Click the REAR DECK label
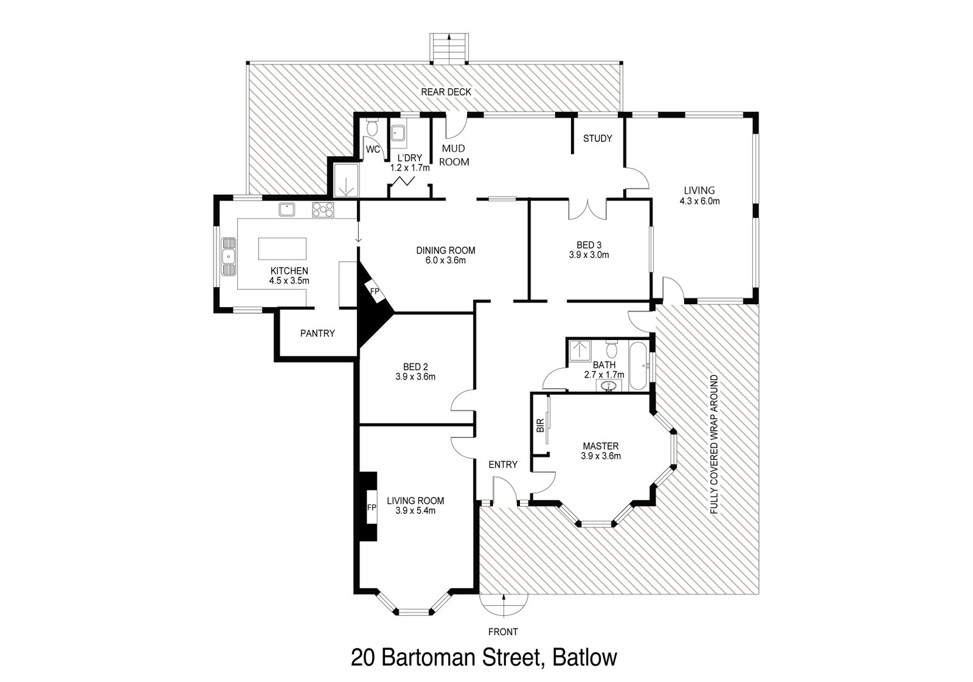point(446,92)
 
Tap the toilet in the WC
point(372,128)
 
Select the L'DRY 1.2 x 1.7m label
point(409,163)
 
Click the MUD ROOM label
point(455,155)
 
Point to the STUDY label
point(597,139)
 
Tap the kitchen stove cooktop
point(323,209)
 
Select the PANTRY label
point(317,333)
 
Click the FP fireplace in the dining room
point(375,292)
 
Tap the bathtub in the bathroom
point(639,366)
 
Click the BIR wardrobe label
point(539,426)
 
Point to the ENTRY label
point(503,465)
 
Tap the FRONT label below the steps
point(503,632)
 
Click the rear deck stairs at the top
point(449,48)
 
